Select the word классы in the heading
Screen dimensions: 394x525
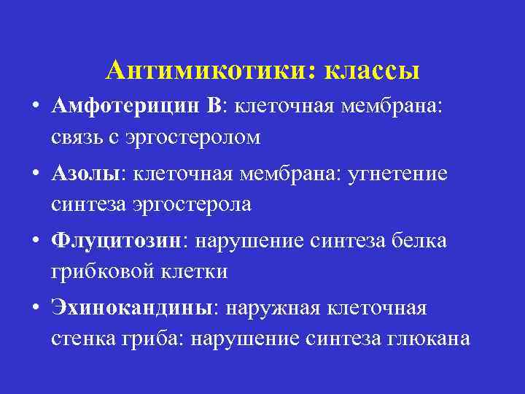pyautogui.click(x=371, y=70)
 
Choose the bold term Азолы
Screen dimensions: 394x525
pyautogui.click(x=85, y=174)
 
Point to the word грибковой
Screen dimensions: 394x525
pyautogui.click(x=98, y=272)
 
